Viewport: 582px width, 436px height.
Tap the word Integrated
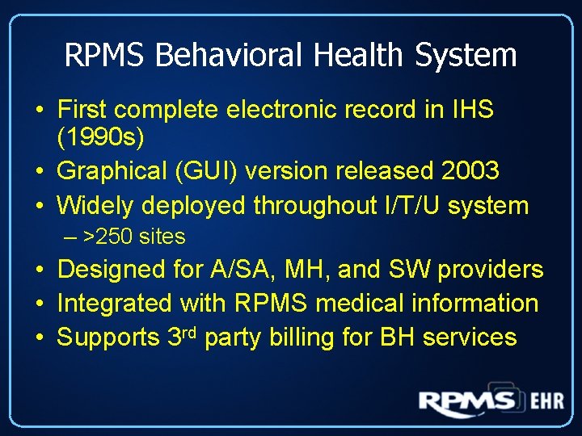click(x=115, y=304)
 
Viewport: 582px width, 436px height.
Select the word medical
click(x=361, y=304)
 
